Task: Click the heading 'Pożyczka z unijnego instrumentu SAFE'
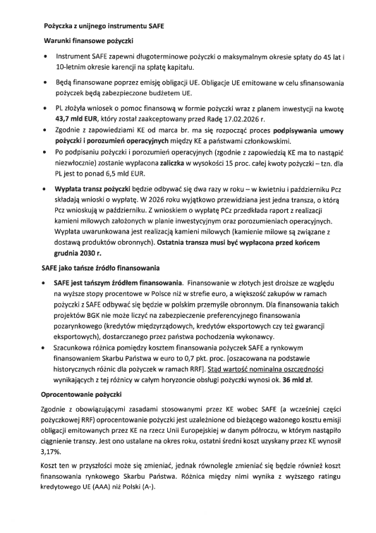pos(99,25)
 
